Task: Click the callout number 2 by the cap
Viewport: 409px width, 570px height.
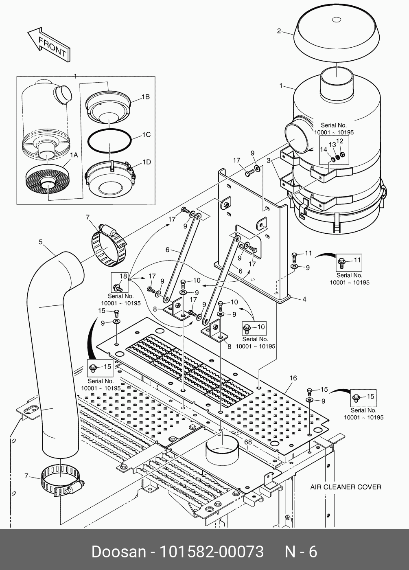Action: click(279, 31)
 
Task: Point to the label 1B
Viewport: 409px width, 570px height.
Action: click(145, 97)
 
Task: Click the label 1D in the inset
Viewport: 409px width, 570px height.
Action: click(147, 162)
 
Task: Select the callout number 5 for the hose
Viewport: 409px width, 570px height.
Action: click(40, 242)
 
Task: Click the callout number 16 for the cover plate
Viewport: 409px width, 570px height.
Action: click(293, 378)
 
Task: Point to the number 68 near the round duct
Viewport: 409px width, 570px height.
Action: click(247, 442)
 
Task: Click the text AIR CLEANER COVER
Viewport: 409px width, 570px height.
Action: click(346, 487)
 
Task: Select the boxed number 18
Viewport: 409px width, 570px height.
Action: click(123, 276)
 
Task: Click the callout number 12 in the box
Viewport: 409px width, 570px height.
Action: click(340, 141)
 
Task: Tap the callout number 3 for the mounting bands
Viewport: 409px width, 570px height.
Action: click(268, 160)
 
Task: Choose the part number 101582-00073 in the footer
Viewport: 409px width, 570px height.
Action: click(211, 552)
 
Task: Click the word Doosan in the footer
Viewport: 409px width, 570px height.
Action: click(118, 552)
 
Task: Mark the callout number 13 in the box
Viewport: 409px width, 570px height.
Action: click(332, 145)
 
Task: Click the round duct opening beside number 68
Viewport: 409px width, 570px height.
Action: click(222, 449)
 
